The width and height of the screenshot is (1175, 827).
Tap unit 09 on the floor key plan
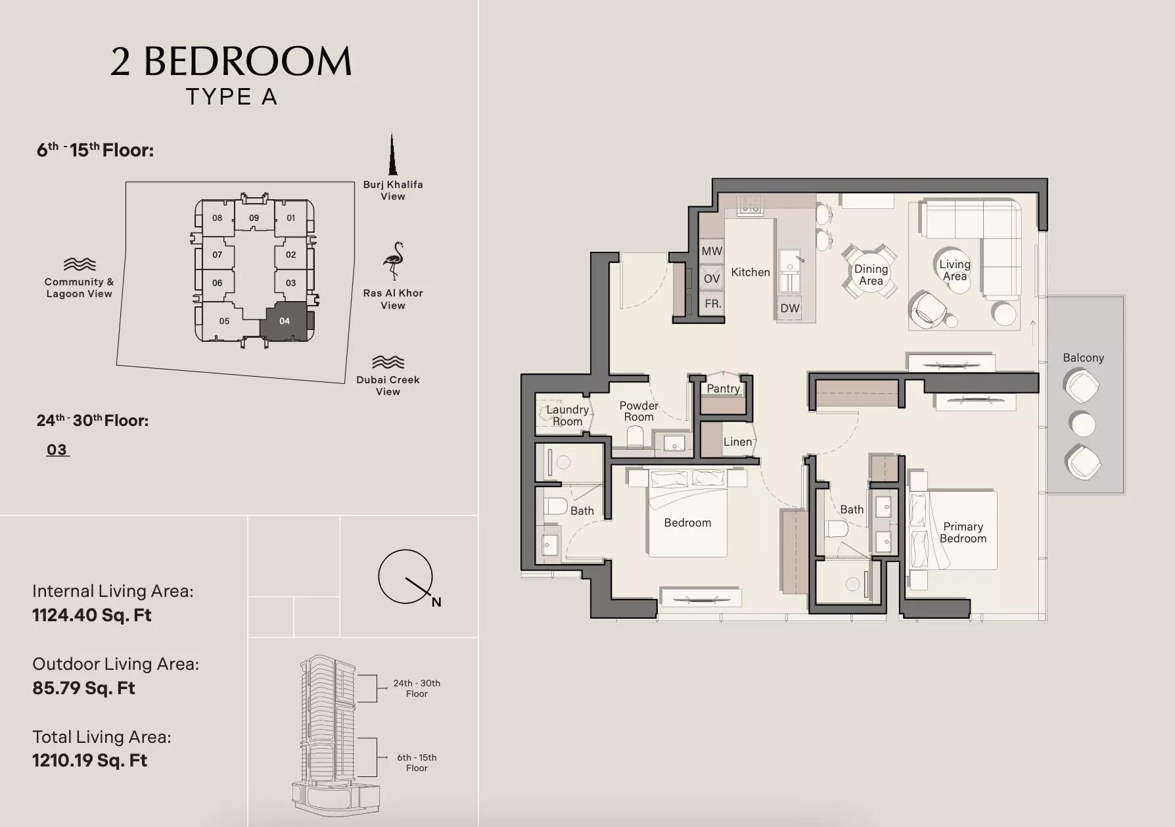click(254, 218)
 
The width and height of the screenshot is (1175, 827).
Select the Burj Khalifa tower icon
click(392, 154)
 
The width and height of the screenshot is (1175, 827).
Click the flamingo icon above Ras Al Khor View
click(394, 261)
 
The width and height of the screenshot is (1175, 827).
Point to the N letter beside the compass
click(436, 602)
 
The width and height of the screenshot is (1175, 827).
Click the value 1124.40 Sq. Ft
click(92, 615)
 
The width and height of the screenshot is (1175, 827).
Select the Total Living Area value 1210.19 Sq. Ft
click(90, 761)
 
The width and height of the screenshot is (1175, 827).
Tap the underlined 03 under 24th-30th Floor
click(57, 450)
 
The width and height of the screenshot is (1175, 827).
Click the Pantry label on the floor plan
click(723, 389)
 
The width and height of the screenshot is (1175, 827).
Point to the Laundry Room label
click(567, 415)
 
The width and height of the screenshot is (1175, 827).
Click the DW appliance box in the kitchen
click(790, 308)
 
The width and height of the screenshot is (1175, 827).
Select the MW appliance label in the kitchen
click(712, 251)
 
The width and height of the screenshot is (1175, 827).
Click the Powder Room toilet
click(635, 437)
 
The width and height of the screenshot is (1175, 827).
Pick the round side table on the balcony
click(1082, 424)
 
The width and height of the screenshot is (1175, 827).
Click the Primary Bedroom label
click(963, 532)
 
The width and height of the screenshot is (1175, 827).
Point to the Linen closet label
click(737, 442)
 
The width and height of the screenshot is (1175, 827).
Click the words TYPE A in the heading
click(231, 97)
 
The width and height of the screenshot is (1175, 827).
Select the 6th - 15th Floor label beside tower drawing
click(417, 763)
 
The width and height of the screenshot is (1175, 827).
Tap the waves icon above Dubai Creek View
click(388, 362)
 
